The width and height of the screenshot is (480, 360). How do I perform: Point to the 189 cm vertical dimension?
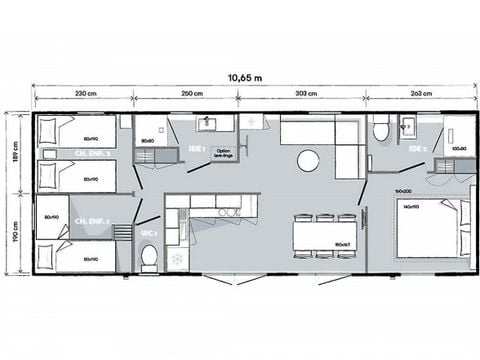(x=16, y=150)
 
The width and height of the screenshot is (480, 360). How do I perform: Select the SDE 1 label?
(x=196, y=149)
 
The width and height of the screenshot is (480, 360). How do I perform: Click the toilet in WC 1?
(x=149, y=257)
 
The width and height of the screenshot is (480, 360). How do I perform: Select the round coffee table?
(x=309, y=160)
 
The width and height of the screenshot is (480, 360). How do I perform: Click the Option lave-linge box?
(x=222, y=153)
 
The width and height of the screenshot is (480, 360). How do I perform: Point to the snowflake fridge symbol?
(x=178, y=259)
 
